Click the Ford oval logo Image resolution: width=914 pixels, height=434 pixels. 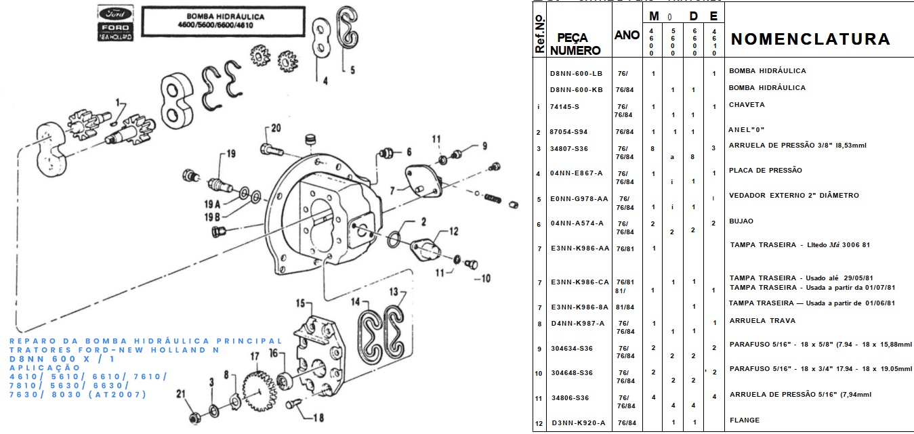[116, 14]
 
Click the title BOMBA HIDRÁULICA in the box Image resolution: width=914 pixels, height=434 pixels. [226, 16]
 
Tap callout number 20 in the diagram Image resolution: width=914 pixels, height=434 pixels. [276, 127]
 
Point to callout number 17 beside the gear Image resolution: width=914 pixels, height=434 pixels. [255, 357]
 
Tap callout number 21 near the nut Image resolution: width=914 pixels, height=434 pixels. [180, 394]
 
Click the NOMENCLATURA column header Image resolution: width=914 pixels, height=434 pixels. [810, 39]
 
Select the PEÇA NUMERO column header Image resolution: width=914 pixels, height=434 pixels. [575, 44]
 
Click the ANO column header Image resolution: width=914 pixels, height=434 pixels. [627, 35]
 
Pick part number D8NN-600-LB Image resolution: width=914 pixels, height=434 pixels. [576, 73]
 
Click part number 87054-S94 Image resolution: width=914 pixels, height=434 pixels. [568, 132]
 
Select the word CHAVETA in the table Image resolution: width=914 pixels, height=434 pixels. [747, 105]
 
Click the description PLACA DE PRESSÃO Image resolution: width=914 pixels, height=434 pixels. [765, 170]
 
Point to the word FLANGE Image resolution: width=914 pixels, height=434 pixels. [744, 420]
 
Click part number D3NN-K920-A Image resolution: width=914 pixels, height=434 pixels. [577, 423]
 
